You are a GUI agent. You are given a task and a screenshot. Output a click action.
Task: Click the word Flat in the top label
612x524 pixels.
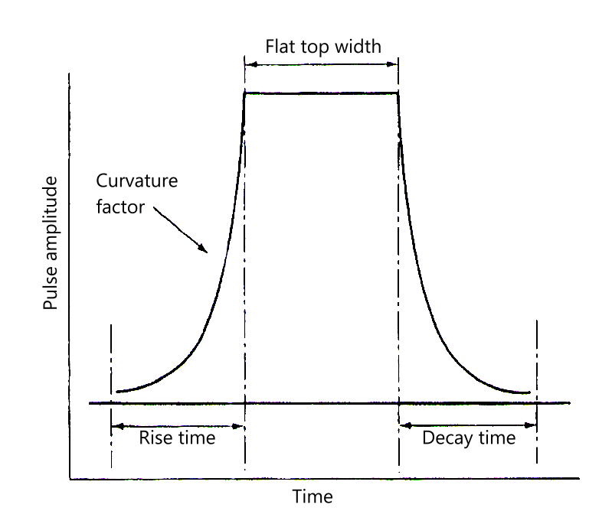point(281,47)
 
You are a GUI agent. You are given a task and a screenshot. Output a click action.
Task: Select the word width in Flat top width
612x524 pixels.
point(358,47)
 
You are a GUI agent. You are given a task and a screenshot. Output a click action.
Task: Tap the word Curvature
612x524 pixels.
point(137,181)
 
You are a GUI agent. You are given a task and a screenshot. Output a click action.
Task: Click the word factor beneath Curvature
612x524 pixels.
point(120,207)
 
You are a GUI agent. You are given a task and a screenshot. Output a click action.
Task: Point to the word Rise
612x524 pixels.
point(155,438)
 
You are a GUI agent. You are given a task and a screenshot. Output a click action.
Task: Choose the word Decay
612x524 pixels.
point(447,438)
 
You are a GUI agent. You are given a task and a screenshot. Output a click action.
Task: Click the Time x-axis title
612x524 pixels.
point(313,496)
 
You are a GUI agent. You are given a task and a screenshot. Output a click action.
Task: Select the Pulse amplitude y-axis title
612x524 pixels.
point(51,243)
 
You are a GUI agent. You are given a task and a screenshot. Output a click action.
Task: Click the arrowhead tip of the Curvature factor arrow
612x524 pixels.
point(208,252)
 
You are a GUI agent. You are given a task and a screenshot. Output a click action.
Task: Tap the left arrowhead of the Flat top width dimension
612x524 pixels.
point(246,64)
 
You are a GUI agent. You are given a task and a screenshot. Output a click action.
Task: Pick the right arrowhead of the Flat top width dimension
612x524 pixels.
point(398,64)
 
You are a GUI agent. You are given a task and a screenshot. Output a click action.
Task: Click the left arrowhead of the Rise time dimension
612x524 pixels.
point(112,426)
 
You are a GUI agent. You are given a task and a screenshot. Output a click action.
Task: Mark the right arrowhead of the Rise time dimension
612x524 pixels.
point(244,426)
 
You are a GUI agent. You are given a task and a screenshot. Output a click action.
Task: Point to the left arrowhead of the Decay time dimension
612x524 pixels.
point(400,425)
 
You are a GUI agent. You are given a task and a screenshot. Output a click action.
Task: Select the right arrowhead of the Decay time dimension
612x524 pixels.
point(536,425)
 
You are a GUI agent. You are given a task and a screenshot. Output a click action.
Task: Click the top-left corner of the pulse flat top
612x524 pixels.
point(244,93)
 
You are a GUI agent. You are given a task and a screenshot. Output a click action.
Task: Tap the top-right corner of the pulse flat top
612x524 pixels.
point(398,93)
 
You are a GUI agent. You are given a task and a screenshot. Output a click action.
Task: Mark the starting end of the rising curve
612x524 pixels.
point(116,392)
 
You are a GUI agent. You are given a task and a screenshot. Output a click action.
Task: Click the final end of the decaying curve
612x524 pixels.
point(529,392)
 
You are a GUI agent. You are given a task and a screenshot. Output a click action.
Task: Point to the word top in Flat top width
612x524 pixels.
point(316,47)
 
